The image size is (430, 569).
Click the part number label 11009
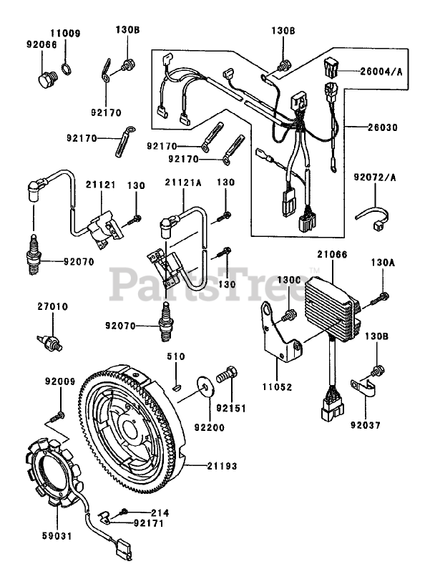click(65, 33)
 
